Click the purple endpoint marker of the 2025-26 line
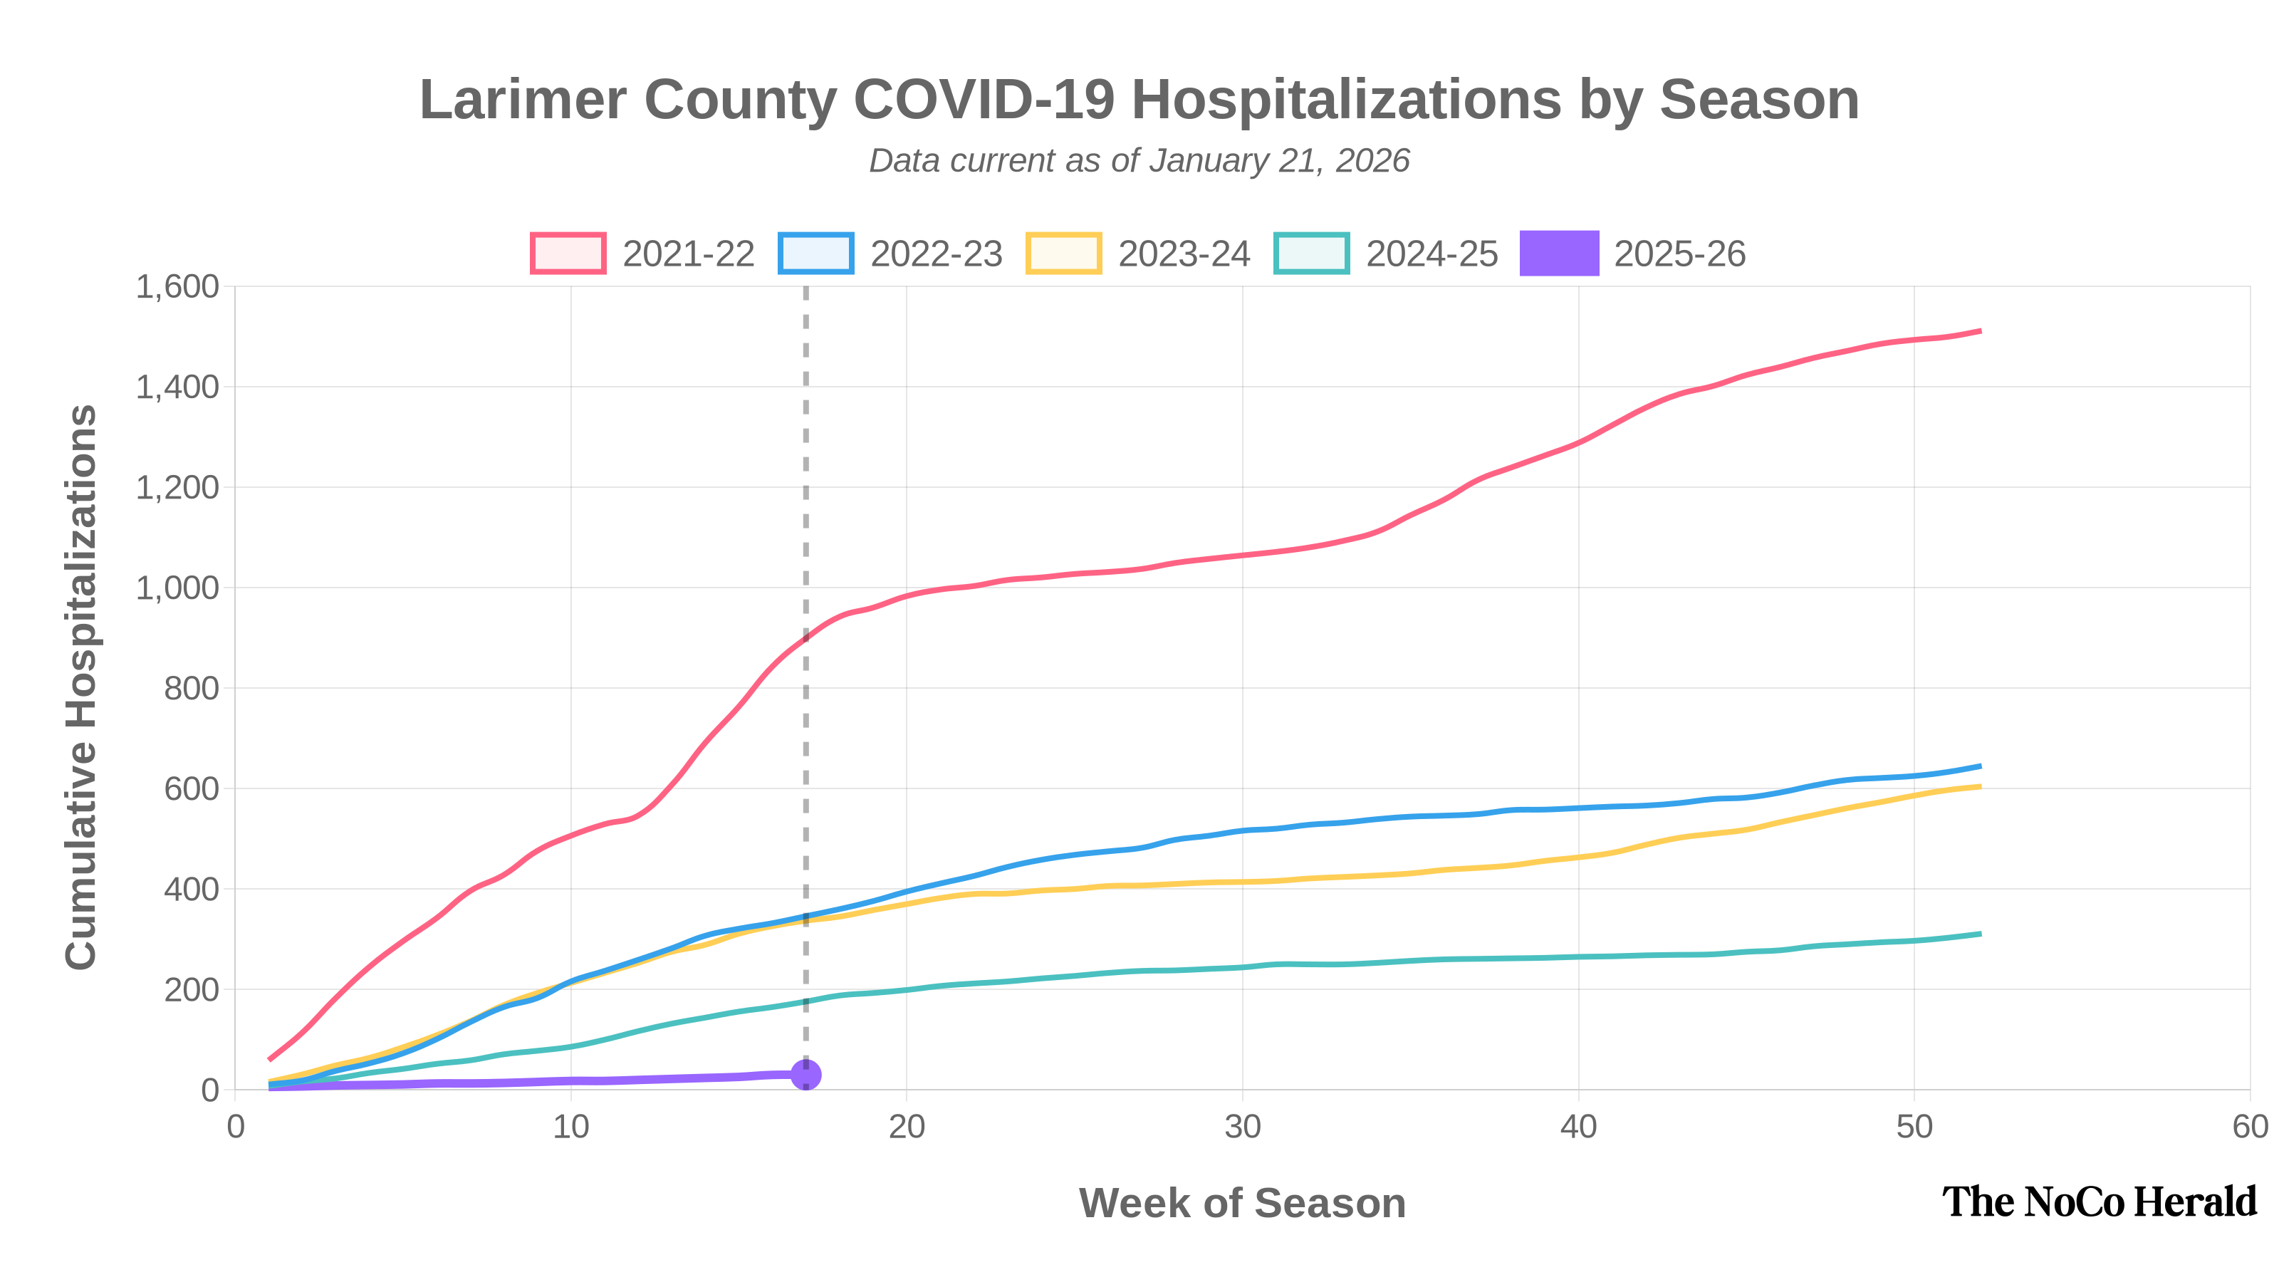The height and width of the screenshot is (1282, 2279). (x=805, y=1074)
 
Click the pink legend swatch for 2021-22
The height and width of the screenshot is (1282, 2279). (x=568, y=253)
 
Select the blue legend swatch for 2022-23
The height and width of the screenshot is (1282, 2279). (x=815, y=253)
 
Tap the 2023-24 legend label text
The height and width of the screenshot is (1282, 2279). (x=1184, y=254)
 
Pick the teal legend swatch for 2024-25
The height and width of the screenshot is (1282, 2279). (x=1311, y=253)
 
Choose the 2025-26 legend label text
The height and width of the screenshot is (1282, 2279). (x=1679, y=254)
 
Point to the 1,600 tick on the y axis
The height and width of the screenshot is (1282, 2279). (x=177, y=286)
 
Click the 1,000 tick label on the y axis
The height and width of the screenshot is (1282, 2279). (x=177, y=588)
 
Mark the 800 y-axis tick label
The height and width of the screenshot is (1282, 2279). (x=191, y=688)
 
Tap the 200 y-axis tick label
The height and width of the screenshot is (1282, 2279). (x=191, y=990)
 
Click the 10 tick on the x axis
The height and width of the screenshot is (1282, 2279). (x=570, y=1127)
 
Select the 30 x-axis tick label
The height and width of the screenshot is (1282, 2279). (x=1242, y=1127)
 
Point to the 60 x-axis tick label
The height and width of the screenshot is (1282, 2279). (x=2249, y=1127)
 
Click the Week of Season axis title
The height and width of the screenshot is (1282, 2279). (x=1241, y=1203)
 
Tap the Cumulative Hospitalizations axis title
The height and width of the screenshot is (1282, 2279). (x=81, y=687)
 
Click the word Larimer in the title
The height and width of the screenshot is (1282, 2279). (x=522, y=99)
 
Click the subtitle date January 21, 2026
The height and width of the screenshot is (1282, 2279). (x=1279, y=161)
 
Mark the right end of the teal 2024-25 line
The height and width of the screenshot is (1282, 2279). (x=1980, y=934)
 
